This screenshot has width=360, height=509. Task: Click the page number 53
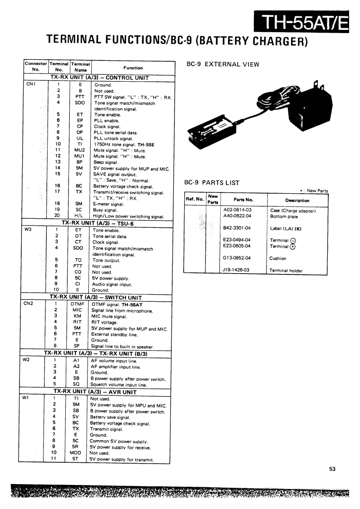click(x=332, y=470)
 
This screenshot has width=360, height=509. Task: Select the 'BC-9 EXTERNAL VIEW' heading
click(x=223, y=64)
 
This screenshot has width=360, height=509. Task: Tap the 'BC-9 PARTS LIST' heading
click(x=211, y=183)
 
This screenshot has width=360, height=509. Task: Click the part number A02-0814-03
click(x=238, y=210)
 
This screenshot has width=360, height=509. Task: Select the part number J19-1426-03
click(x=237, y=270)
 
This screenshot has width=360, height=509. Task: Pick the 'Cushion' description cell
click(x=278, y=258)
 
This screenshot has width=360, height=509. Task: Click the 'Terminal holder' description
click(x=286, y=270)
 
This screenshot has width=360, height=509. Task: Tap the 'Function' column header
click(x=133, y=68)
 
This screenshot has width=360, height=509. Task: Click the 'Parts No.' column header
click(x=243, y=200)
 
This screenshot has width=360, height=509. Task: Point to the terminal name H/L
click(x=78, y=216)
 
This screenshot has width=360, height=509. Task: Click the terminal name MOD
click(x=75, y=453)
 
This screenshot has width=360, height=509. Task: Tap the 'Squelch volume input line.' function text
click(x=119, y=385)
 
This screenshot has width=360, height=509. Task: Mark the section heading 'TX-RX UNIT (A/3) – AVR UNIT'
click(x=95, y=392)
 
